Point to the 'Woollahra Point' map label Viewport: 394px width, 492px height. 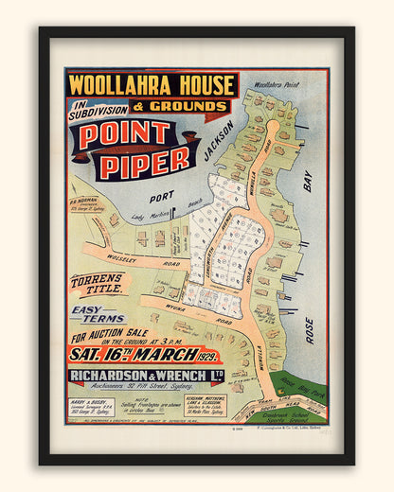pos(280,85)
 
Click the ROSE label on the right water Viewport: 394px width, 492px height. pos(308,330)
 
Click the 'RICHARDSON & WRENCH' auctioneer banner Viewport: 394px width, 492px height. pos(145,377)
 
